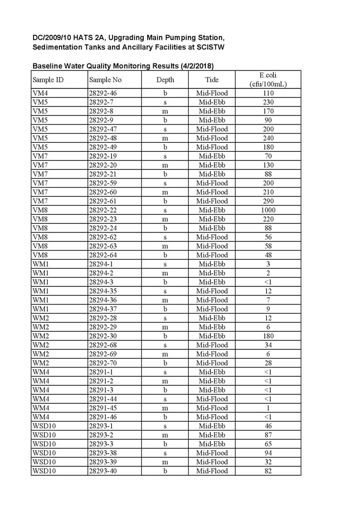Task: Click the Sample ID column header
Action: coord(48,80)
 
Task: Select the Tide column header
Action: coord(212,80)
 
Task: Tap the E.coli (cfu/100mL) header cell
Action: coord(268,80)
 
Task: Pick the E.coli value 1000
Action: coord(268,210)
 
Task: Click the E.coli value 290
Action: coord(268,201)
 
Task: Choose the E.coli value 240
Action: coord(268,138)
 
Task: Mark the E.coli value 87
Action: coord(268,435)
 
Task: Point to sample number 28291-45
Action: coord(102,408)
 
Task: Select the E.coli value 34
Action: coord(268,345)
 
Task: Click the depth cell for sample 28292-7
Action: coord(165,102)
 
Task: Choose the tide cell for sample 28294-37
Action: coord(212,309)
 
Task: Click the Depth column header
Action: coord(165,80)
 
